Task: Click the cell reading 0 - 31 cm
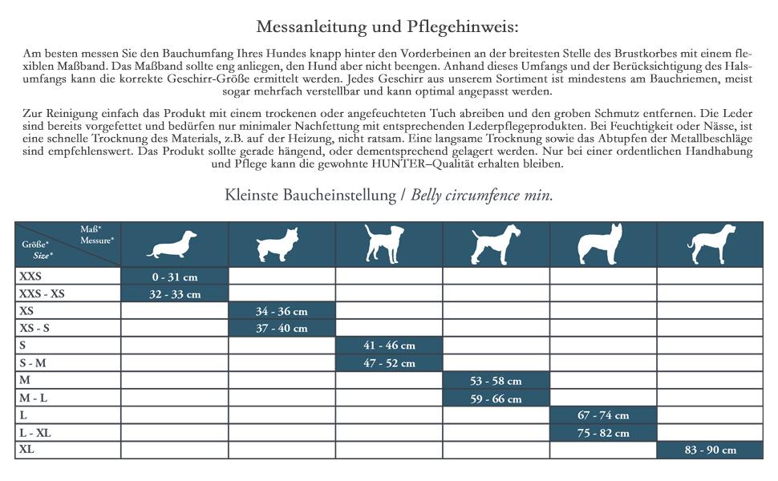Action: [174, 277]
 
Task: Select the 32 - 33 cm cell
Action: [174, 294]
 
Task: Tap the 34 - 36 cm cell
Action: [282, 311]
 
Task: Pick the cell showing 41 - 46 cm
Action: [389, 346]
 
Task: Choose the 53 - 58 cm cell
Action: [496, 381]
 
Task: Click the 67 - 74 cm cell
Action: [603, 415]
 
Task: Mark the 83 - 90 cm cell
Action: [710, 450]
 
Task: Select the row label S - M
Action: [33, 363]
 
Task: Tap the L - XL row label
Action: [34, 433]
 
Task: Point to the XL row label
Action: [27, 450]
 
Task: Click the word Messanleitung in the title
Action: [310, 26]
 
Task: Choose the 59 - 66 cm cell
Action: [496, 398]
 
